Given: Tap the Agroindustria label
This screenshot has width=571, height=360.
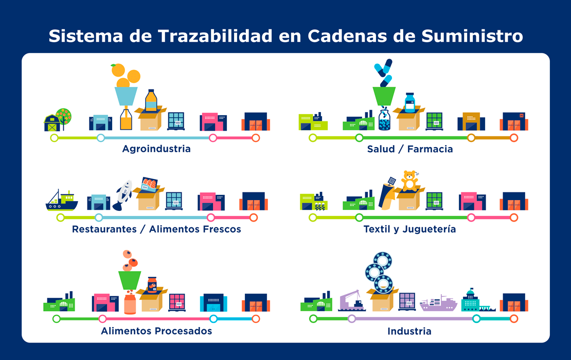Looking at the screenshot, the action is tap(156, 149).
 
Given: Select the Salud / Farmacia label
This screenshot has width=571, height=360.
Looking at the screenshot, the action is tap(409, 149).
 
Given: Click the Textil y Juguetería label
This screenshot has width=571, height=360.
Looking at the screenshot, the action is tap(409, 229).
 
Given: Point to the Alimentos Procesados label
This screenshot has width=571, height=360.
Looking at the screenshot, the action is tap(156, 331).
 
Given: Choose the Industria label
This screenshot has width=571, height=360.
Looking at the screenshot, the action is tap(409, 331).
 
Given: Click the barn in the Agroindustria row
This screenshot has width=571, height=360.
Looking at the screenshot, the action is tap(52, 123).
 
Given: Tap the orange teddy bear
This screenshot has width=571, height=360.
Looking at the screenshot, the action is tap(409, 181).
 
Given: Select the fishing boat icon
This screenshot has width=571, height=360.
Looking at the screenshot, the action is tap(62, 201).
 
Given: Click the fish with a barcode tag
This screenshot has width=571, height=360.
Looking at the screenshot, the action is tap(123, 195).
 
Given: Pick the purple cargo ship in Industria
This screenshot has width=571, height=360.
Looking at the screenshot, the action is tap(438, 303).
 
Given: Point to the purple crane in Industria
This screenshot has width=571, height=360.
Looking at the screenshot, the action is tap(351, 301).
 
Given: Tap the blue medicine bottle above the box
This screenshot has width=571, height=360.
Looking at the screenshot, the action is tap(410, 103).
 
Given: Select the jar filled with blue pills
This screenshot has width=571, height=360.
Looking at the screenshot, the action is tap(384, 119).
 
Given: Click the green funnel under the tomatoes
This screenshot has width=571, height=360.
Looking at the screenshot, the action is tap(130, 280).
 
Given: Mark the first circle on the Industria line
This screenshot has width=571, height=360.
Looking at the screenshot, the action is tap(313, 319).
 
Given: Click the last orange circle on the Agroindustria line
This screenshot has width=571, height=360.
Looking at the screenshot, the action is tap(256, 138).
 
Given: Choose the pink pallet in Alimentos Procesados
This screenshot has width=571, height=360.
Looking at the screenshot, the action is tap(177, 302).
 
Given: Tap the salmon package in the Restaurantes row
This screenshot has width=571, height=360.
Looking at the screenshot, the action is tap(149, 184).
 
